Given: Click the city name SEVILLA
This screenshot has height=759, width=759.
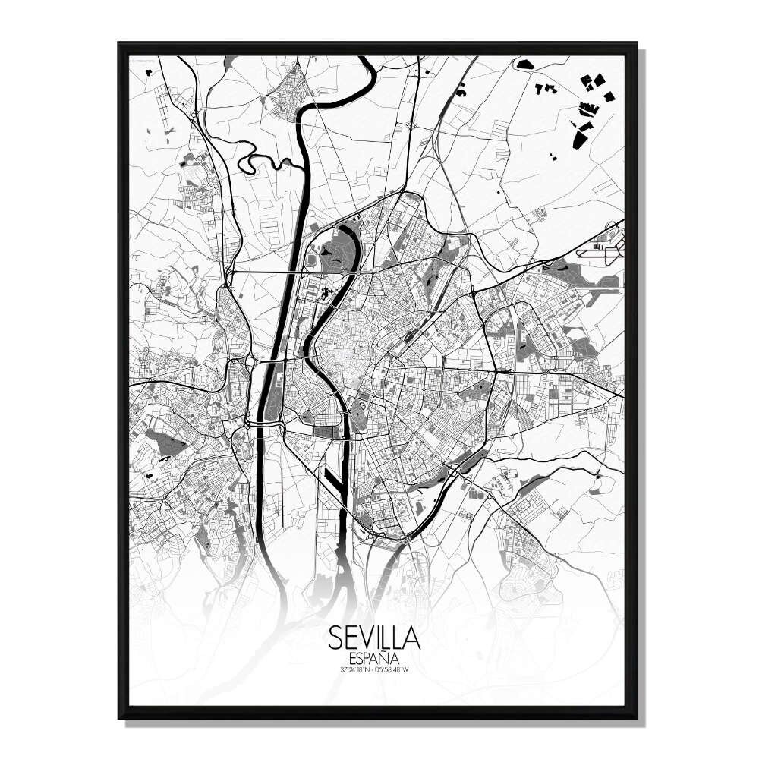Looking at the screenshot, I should [x=374, y=638].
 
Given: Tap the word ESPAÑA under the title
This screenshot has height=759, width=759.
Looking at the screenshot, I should [x=374, y=658].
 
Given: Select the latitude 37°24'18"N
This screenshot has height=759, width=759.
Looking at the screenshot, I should [x=357, y=669].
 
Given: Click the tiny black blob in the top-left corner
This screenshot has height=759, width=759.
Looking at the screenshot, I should [x=149, y=72].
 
